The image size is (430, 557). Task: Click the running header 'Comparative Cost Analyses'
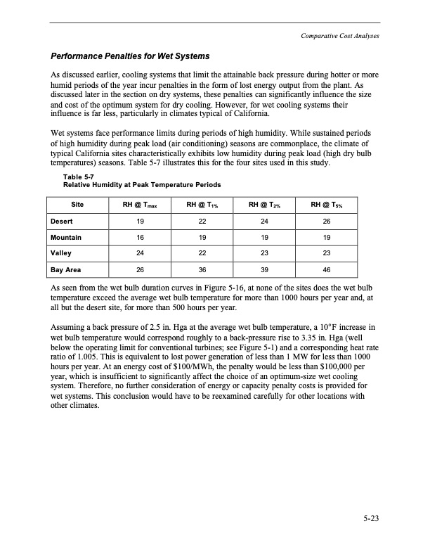point(334,37)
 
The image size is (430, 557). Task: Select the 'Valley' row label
point(61,252)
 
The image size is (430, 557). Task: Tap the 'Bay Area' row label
point(65,269)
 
